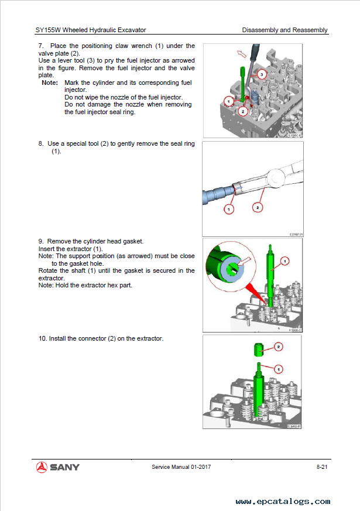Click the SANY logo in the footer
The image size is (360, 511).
click(57, 467)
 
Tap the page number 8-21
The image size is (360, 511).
click(321, 467)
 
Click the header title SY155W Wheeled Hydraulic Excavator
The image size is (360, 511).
click(91, 30)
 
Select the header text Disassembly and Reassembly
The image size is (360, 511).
click(284, 30)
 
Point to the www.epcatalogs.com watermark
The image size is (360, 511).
click(283, 502)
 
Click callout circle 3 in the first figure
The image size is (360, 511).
click(262, 74)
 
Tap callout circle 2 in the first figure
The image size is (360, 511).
click(243, 110)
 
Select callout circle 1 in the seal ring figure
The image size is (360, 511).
click(229, 208)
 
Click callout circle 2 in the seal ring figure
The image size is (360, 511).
click(258, 207)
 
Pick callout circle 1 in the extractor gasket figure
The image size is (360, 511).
click(285, 260)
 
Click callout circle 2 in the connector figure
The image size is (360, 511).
click(279, 347)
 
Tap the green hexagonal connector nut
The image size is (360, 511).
click(258, 351)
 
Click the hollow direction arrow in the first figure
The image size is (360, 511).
click(241, 54)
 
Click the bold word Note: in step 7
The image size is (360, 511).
click(50, 83)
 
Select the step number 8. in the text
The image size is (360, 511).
click(41, 143)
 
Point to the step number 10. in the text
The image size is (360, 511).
click(43, 339)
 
